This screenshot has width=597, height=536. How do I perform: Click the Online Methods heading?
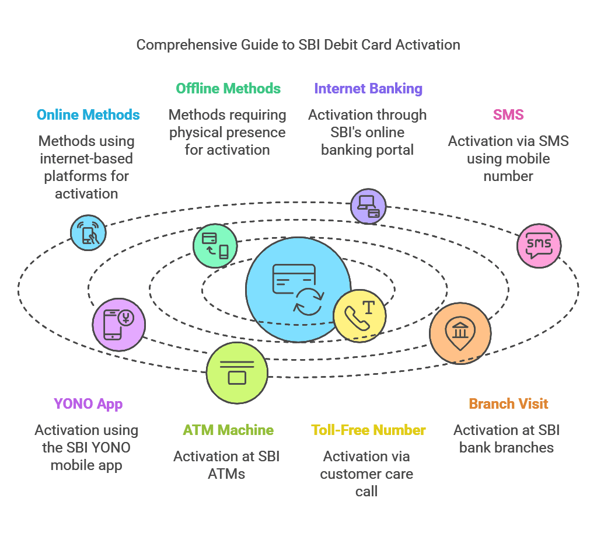(x=88, y=115)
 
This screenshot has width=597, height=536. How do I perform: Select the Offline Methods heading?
(x=228, y=89)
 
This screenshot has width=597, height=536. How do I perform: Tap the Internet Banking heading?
(x=368, y=89)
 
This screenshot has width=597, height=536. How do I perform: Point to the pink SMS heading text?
(x=508, y=115)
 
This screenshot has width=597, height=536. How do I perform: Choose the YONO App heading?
(x=88, y=404)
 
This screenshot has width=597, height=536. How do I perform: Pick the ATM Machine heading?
(x=228, y=430)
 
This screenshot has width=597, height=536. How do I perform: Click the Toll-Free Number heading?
(x=368, y=430)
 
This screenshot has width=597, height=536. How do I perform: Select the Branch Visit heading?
(x=508, y=404)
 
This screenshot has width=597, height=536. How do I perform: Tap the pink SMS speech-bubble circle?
(x=539, y=245)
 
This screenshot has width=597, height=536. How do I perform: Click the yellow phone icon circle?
(x=359, y=316)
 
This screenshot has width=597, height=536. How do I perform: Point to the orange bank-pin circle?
(x=460, y=333)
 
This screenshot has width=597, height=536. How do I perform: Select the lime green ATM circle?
(x=237, y=373)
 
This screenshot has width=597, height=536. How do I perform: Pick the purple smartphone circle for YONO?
(x=118, y=324)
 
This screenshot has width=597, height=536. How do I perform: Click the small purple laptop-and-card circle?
(x=368, y=206)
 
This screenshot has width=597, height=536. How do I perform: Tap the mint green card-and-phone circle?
(x=215, y=246)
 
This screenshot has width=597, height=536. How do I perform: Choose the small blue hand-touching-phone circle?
(x=89, y=232)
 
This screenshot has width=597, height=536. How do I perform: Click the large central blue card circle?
(x=292, y=286)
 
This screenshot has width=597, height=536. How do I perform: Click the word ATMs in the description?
(x=226, y=474)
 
